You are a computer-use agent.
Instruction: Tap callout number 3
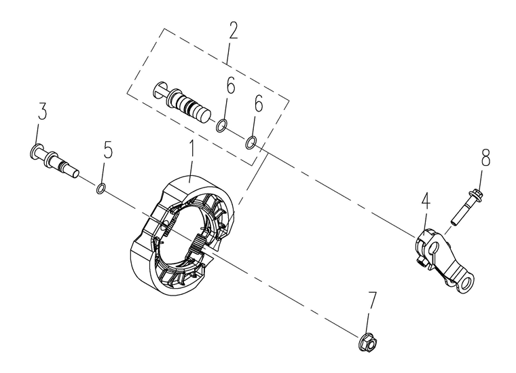pyautogui.click(x=42, y=111)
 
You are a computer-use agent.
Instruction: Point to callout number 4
pyautogui.click(x=425, y=202)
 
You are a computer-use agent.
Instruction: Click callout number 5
pyautogui.click(x=108, y=149)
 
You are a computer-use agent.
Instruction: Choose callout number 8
pyautogui.click(x=485, y=158)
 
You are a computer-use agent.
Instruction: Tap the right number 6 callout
pyautogui.click(x=259, y=103)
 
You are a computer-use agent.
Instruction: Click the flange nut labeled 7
pyautogui.click(x=368, y=342)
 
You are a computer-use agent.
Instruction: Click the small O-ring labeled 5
pyautogui.click(x=101, y=190)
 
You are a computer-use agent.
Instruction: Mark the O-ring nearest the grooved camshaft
pyautogui.click(x=221, y=126)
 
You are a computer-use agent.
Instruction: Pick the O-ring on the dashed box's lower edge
pyautogui.click(x=251, y=143)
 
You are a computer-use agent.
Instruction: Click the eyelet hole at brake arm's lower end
pyautogui.click(x=466, y=283)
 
